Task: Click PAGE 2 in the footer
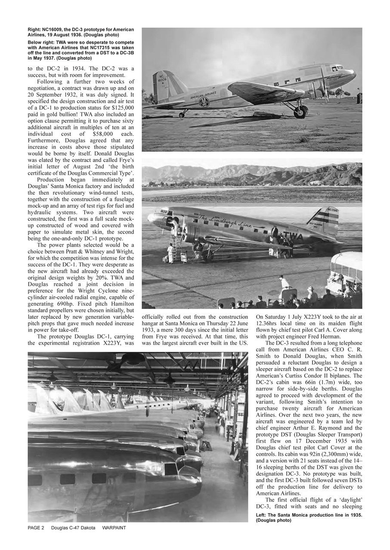pos(36,527)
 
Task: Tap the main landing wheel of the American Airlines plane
pos(300,112)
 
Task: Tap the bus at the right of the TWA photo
pos(347,273)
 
